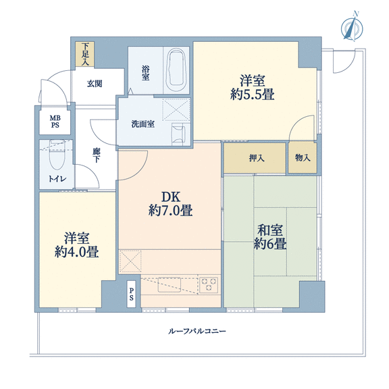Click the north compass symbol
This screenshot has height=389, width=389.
[x=352, y=26]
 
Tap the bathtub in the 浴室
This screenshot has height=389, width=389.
[x=177, y=70]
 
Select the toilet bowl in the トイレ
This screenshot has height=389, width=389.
[x=57, y=156]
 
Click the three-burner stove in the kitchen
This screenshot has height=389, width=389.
[x=209, y=285]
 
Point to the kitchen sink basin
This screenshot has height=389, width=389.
[x=170, y=284]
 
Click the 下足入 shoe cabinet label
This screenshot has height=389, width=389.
[x=85, y=54]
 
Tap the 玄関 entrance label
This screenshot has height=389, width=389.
[x=95, y=84]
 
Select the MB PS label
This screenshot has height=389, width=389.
[x=55, y=122]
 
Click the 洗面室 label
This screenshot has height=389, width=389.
[x=143, y=124]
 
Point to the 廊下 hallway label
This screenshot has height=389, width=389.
[x=97, y=155]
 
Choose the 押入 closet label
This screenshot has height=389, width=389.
[x=257, y=158]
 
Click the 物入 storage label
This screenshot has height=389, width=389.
[x=303, y=157]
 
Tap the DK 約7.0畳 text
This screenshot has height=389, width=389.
[x=171, y=204]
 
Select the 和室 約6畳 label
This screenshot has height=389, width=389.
[x=270, y=236]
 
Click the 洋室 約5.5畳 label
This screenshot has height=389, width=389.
[x=253, y=88]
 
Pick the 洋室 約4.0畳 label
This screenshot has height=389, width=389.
[x=77, y=245]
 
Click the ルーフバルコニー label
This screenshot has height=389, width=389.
[x=197, y=331]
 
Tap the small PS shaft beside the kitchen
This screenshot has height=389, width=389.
[x=131, y=294]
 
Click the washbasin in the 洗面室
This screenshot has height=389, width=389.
[x=178, y=134]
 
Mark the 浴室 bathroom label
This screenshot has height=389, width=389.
[x=146, y=73]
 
